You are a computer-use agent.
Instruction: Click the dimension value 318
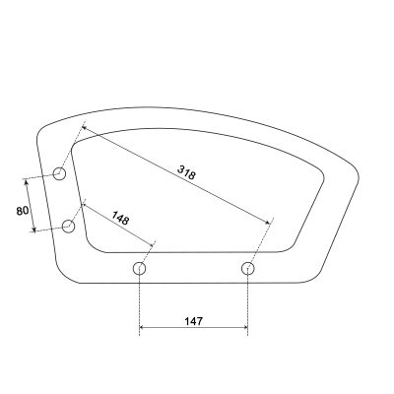(186, 172)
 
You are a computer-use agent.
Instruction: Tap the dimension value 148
(120, 218)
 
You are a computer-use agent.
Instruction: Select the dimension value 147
(193, 321)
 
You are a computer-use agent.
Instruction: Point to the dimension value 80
(23, 211)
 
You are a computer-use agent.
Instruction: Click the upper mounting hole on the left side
(60, 173)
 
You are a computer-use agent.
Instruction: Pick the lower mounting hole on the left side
(68, 227)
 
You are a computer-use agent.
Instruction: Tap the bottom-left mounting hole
(139, 269)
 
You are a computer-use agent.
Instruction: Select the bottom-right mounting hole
(248, 269)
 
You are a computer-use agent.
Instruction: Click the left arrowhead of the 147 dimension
(143, 327)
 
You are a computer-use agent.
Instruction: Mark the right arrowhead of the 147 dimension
(244, 327)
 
